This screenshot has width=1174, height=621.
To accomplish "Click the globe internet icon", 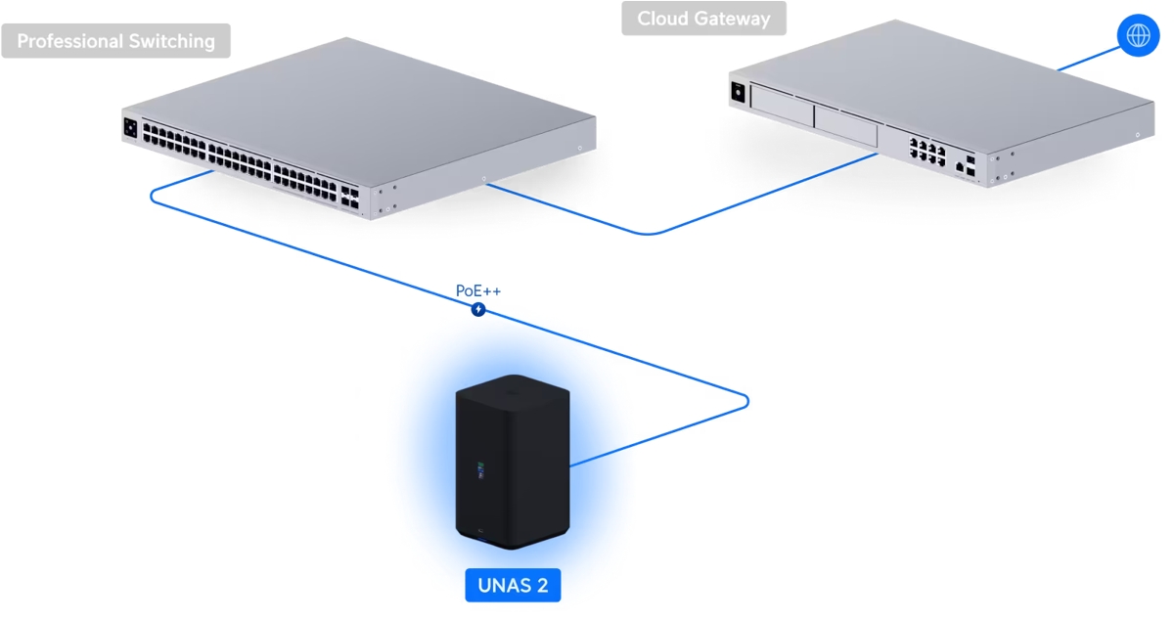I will (1138, 36).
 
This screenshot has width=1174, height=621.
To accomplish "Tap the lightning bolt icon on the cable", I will (478, 310).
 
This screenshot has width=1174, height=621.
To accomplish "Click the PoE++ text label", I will (478, 290).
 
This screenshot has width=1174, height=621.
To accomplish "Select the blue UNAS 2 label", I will (513, 586).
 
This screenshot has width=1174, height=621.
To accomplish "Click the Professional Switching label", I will (115, 41).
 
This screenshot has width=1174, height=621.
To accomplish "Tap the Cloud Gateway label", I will (703, 19).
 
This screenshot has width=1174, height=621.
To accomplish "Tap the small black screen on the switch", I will (130, 127).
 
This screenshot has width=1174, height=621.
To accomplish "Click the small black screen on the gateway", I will (739, 92).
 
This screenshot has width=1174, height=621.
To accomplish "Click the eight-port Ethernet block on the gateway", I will (926, 151).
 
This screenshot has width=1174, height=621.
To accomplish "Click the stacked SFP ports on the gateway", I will (971, 163).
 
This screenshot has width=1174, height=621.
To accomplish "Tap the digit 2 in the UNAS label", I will (541, 586).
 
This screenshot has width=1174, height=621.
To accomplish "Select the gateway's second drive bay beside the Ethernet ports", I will (845, 125).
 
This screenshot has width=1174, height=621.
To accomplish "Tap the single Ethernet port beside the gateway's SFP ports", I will (958, 168).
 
